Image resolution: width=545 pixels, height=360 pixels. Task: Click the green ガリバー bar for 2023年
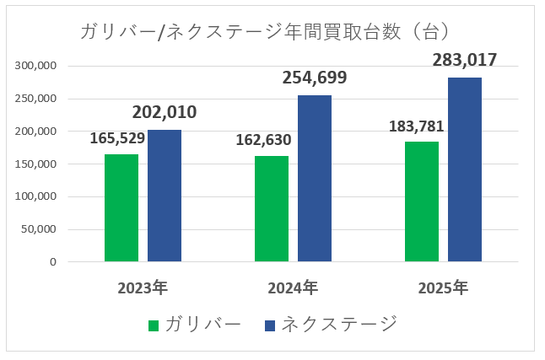(x=121, y=207)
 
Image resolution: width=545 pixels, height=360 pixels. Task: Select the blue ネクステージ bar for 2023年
(x=165, y=196)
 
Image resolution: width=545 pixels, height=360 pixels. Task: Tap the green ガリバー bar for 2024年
(x=272, y=208)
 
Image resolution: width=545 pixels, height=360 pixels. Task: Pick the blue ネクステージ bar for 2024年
(x=315, y=178)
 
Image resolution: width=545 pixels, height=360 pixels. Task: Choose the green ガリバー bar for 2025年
(x=422, y=201)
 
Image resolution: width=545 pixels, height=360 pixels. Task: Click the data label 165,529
(x=117, y=137)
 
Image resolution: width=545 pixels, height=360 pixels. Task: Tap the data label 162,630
(x=267, y=139)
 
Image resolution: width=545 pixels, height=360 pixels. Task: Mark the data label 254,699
(x=315, y=78)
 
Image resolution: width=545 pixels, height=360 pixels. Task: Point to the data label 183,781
(x=417, y=126)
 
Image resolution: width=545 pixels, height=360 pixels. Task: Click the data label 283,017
(x=465, y=60)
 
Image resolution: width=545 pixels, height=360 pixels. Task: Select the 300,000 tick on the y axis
(x=35, y=66)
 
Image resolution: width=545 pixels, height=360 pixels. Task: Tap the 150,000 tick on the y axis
(x=35, y=164)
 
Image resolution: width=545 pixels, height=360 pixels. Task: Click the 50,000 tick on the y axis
(x=39, y=229)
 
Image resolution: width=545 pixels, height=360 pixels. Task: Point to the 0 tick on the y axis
(x=52, y=262)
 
